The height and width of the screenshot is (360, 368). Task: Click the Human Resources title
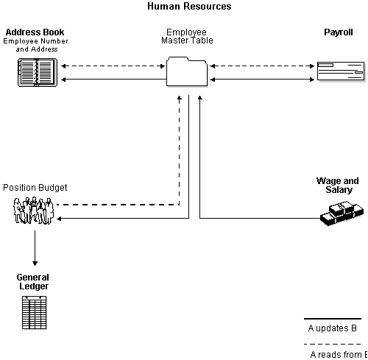pyautogui.click(x=189, y=7)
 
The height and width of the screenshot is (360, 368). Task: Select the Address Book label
pyautogui.click(x=35, y=32)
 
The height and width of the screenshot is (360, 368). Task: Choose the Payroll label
pyautogui.click(x=339, y=32)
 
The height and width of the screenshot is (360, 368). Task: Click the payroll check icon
pyautogui.click(x=339, y=72)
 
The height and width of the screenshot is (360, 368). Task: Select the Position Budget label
pyautogui.click(x=30, y=188)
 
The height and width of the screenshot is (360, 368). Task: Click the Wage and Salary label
pyautogui.click(x=337, y=186)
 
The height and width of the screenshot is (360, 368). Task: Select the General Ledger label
pyautogui.click(x=33, y=282)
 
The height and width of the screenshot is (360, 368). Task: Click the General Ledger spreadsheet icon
pyautogui.click(x=35, y=312)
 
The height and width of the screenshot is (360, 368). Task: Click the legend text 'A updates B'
pyautogui.click(x=333, y=328)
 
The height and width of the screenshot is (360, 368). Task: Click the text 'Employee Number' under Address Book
pyautogui.click(x=35, y=41)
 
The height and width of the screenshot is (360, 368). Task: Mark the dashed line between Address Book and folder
pyautogui.click(x=113, y=66)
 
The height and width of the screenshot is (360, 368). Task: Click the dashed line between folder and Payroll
pyautogui.click(x=261, y=66)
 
